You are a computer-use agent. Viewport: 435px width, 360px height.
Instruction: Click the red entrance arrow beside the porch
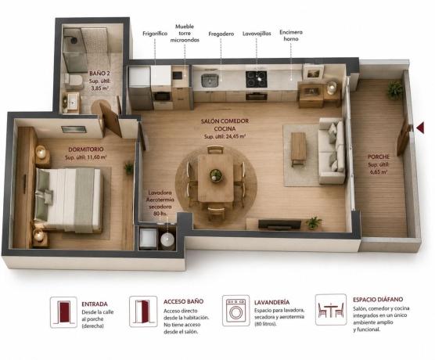click(x=420, y=128)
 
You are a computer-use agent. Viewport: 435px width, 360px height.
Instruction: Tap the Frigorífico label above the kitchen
click(x=155, y=34)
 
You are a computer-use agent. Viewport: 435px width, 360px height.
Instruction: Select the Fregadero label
click(x=221, y=34)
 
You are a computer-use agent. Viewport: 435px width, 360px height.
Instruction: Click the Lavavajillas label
click(x=257, y=34)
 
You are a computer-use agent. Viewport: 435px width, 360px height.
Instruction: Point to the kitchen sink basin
click(x=210, y=81)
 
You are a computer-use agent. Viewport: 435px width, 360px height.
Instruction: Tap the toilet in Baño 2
click(x=74, y=80)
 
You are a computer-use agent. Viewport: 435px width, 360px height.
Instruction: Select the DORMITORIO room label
click(x=86, y=149)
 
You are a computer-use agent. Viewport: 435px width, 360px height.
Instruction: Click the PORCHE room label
click(x=379, y=157)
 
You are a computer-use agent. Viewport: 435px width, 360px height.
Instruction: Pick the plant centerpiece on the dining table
click(x=216, y=175)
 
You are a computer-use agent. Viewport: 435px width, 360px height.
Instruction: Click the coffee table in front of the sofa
click(x=298, y=149)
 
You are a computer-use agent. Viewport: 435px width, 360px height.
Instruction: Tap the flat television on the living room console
click(x=279, y=225)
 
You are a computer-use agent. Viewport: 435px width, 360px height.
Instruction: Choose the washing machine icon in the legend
click(x=235, y=311)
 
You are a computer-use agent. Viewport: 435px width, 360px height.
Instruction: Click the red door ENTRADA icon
click(x=63, y=312)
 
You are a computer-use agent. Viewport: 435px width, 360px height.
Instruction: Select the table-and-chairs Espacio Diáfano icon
click(x=331, y=309)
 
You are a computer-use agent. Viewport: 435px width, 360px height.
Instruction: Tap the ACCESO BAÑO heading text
click(x=183, y=301)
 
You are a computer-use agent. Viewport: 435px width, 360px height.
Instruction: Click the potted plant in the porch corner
click(x=395, y=89)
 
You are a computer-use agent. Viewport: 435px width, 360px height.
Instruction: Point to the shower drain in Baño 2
click(x=74, y=40)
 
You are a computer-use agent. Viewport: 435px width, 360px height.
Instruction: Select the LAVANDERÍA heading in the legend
click(x=271, y=302)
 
